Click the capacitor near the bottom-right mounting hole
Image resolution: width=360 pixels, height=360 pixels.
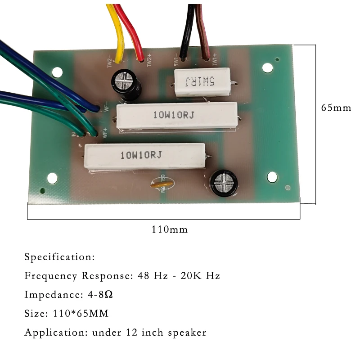[x=223, y=182]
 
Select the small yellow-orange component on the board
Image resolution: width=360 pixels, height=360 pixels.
[x=161, y=184]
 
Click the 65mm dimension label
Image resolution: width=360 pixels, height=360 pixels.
[x=335, y=108]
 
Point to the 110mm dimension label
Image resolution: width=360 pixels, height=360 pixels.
[x=170, y=229]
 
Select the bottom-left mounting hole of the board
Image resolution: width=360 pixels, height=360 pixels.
[x=52, y=178]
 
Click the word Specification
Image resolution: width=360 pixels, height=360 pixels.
[x=59, y=257]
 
